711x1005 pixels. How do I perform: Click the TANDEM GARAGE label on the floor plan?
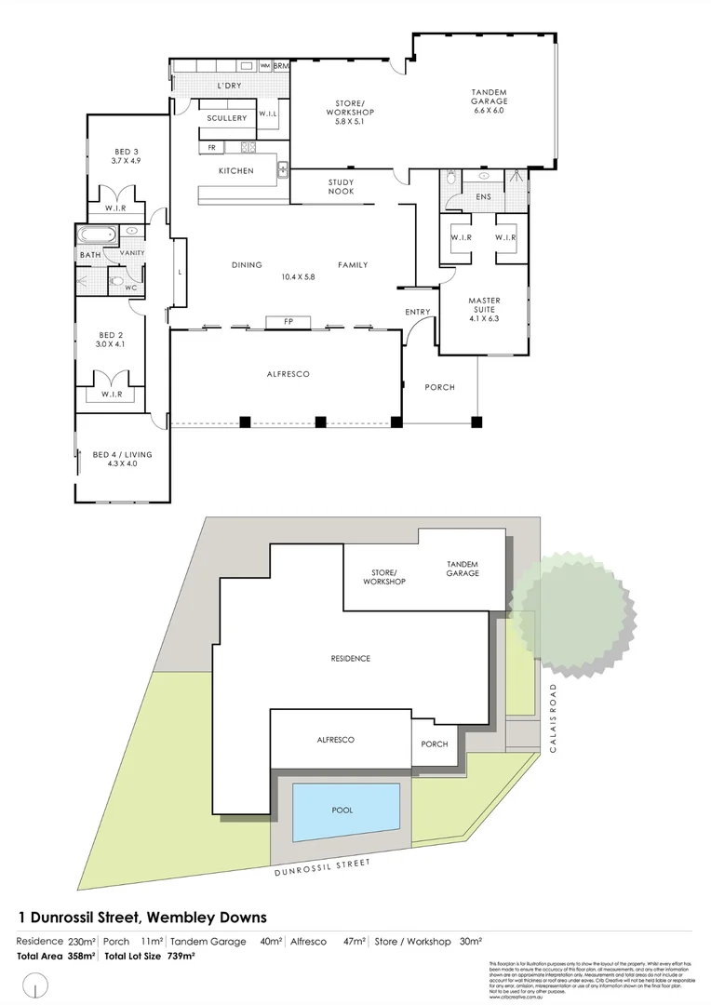(489, 96)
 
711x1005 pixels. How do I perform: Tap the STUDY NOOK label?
(341, 187)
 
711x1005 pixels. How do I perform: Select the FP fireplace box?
(288, 321)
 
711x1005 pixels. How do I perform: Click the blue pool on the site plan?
(345, 810)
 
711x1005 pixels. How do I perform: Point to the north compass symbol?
(36, 985)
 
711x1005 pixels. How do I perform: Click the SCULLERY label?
(226, 118)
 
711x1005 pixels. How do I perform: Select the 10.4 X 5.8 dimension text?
(299, 277)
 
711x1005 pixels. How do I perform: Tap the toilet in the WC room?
(116, 281)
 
